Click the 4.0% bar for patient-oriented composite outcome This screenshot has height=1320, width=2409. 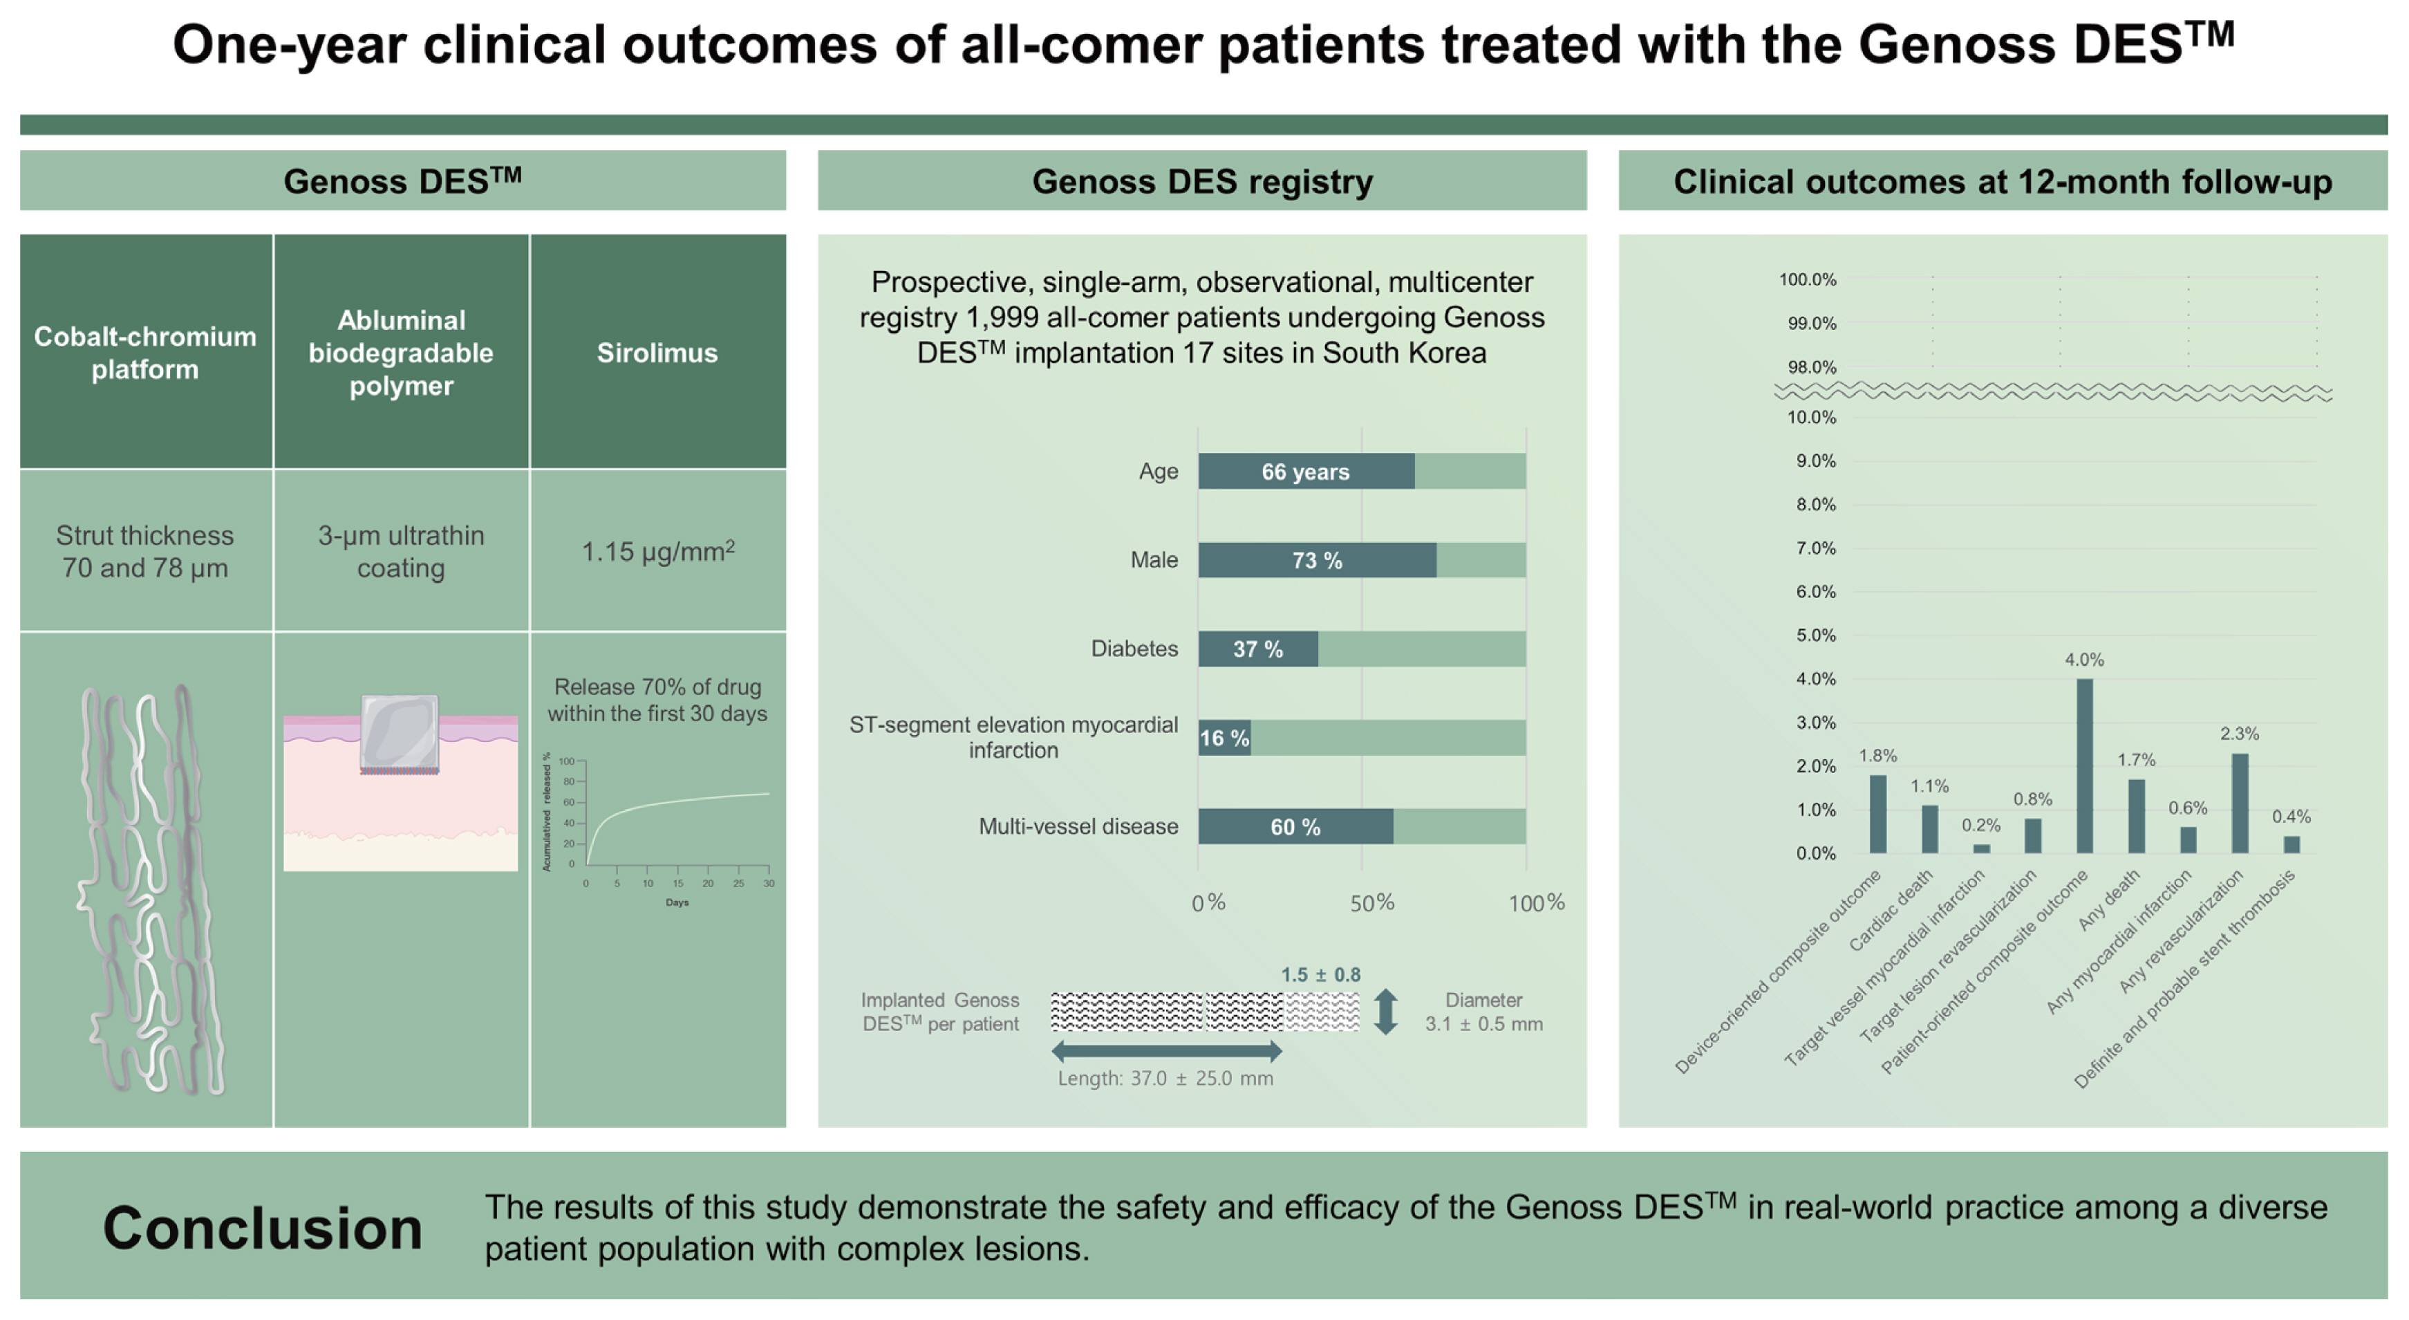[2085, 766]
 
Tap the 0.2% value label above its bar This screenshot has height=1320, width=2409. [1980, 825]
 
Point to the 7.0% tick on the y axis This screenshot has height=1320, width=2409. [1815, 548]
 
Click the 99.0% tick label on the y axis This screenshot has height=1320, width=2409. [1812, 324]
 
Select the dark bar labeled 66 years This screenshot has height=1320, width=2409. [1306, 472]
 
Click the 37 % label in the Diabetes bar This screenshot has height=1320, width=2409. [1258, 649]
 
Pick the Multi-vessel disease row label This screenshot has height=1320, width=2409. [1078, 827]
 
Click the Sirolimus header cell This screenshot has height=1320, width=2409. [657, 353]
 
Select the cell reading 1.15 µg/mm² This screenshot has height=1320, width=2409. [657, 551]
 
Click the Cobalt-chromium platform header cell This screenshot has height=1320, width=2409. [145, 353]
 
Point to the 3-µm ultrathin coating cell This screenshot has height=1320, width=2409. [401, 551]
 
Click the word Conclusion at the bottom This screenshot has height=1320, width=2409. [263, 1227]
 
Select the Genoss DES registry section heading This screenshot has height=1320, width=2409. [1201, 181]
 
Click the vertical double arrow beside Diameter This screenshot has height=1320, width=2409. [1386, 1012]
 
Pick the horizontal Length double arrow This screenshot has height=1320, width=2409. [1166, 1052]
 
